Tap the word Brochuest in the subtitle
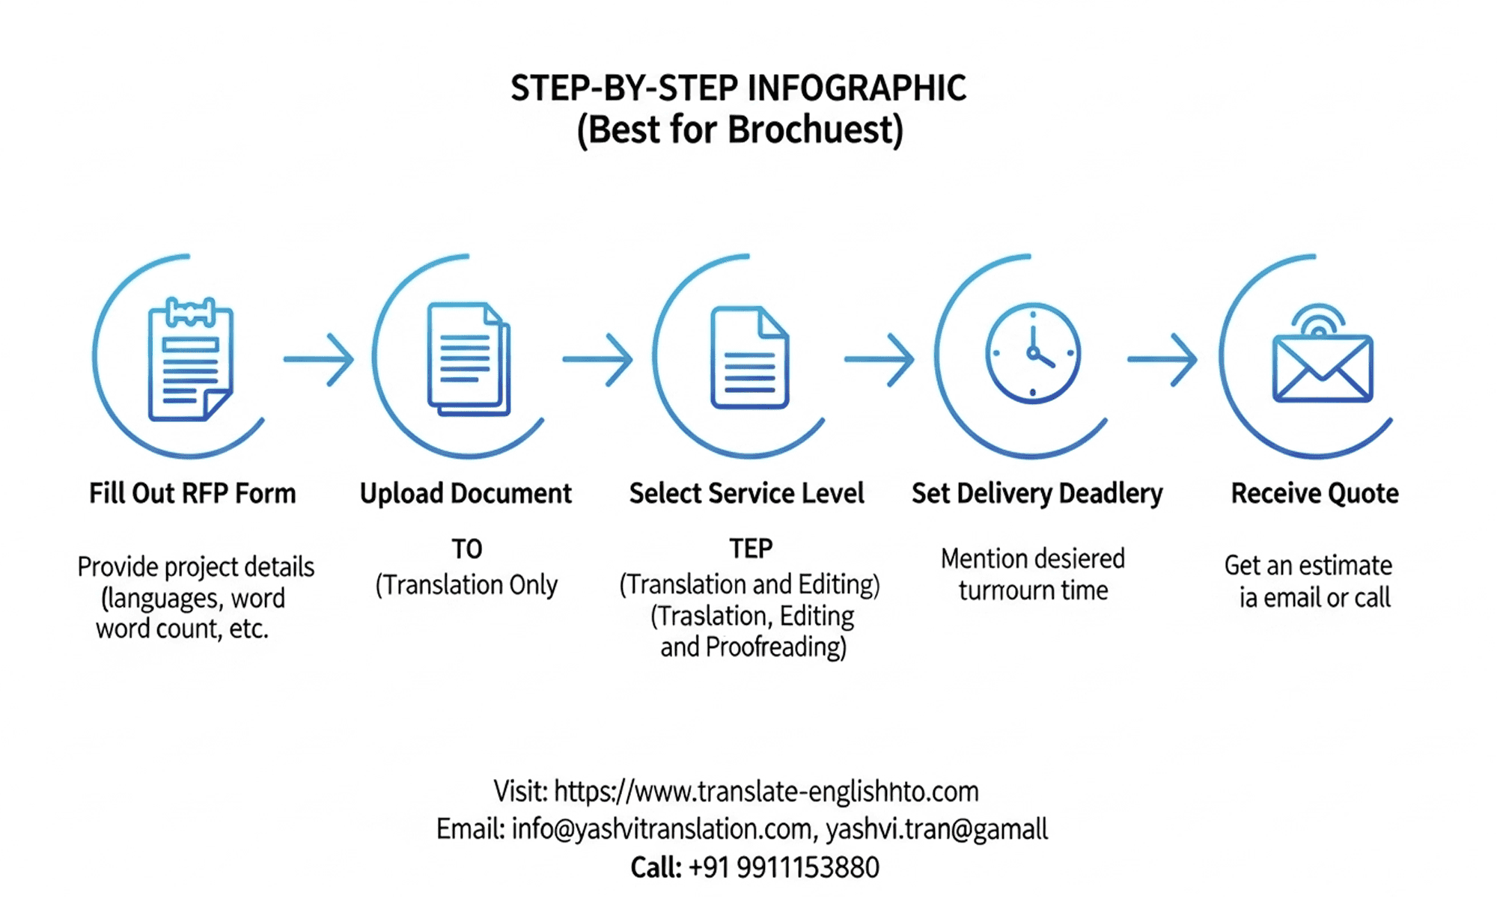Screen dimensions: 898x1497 click(x=815, y=129)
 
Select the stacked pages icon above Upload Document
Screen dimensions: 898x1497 click(x=469, y=359)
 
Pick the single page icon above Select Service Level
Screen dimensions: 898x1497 click(x=748, y=358)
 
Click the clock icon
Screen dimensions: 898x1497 click(x=1033, y=353)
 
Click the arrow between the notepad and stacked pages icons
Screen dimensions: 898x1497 click(x=319, y=359)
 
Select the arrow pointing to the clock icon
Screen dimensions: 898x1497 click(x=879, y=359)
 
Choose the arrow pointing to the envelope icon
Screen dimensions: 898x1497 click(x=1162, y=359)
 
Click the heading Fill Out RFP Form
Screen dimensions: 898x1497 click(x=192, y=494)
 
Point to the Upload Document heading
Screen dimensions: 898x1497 click(x=466, y=494)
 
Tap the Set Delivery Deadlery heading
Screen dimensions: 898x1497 click(x=1037, y=494)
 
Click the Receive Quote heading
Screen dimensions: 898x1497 click(x=1314, y=494)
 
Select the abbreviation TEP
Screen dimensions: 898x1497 click(x=751, y=549)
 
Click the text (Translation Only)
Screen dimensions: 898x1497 click(x=466, y=584)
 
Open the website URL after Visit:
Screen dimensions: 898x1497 click(x=766, y=791)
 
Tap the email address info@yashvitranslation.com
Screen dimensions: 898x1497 click(x=662, y=829)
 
